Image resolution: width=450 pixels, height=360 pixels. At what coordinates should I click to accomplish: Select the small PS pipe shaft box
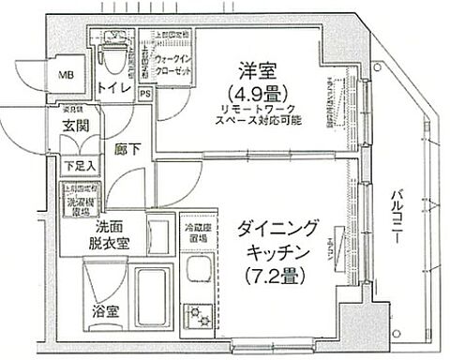point(145,94)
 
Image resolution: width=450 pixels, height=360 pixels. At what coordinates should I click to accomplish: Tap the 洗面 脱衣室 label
point(111,236)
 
